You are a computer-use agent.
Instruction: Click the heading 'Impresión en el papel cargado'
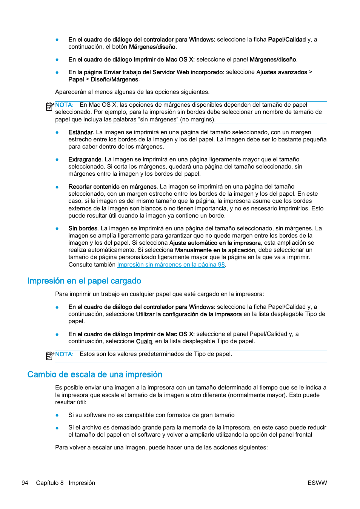(84, 281)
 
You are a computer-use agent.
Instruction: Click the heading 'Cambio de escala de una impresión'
(95, 374)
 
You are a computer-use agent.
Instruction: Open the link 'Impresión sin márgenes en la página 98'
(171, 265)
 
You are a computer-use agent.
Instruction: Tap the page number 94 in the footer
(25, 483)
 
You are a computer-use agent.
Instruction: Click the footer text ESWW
(317, 483)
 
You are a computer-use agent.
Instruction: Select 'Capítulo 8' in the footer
(50, 483)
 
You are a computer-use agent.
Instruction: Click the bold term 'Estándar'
(80, 132)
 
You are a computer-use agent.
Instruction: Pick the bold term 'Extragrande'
(85, 159)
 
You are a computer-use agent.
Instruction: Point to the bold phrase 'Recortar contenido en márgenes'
(112, 187)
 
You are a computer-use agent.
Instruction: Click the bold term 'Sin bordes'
(83, 228)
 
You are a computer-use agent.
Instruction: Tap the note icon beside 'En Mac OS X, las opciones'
(49, 107)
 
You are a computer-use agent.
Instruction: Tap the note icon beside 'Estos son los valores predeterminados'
(49, 356)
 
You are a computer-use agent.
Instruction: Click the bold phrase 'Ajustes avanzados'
(282, 72)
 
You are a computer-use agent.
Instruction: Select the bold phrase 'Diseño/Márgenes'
(114, 80)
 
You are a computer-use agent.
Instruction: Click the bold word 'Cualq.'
(145, 342)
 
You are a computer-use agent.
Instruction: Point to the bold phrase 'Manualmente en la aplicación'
(215, 250)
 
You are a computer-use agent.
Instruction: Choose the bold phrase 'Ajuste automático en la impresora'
(215, 243)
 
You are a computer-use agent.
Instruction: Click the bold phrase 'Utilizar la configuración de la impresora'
(189, 314)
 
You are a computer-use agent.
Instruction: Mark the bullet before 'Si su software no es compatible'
(57, 415)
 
